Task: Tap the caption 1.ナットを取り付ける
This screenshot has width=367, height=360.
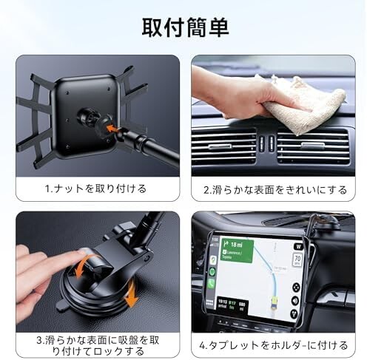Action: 96,189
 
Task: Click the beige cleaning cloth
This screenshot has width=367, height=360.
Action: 310,103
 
